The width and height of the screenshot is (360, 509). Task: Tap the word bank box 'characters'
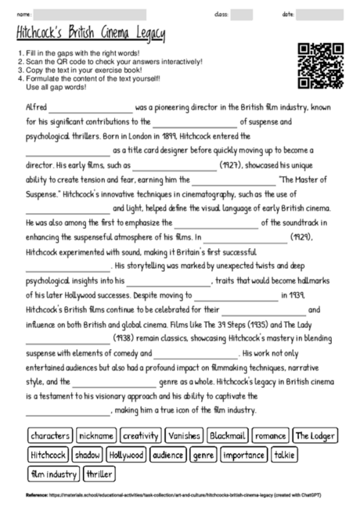click(51, 435)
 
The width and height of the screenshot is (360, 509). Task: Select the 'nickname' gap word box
click(96, 435)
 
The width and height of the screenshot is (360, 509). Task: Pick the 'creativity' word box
click(141, 435)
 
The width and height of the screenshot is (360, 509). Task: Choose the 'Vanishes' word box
click(184, 435)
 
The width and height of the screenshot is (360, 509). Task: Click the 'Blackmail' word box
click(228, 435)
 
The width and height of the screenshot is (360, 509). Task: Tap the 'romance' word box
click(270, 435)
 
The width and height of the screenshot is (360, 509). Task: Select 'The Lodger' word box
click(315, 435)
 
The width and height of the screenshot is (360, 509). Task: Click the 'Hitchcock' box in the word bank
click(49, 454)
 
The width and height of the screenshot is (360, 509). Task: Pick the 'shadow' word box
click(88, 454)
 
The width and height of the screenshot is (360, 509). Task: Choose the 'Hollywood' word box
click(126, 454)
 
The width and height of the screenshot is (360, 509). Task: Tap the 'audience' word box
click(167, 454)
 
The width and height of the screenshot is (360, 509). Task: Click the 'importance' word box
click(243, 454)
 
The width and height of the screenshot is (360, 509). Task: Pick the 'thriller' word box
click(99, 473)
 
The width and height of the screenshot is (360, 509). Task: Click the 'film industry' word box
click(53, 473)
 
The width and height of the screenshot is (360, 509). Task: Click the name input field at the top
click(91, 14)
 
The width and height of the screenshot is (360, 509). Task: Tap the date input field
click(324, 14)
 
